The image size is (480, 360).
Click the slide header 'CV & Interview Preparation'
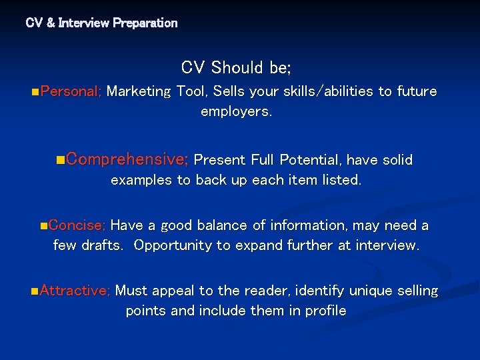(101, 23)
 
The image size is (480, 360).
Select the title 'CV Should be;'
(236, 68)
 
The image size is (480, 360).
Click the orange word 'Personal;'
(71, 91)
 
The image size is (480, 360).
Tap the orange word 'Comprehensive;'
(127, 159)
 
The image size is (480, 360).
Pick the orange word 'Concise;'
(77, 225)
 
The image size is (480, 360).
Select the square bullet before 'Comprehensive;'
(61, 160)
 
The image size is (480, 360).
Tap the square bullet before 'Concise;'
(43, 226)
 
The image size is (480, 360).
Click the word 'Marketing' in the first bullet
(139, 91)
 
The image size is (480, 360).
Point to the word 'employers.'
(237, 111)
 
